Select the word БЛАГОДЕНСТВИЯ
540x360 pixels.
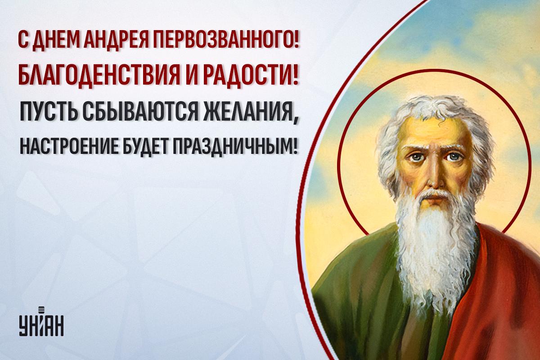pyautogui.click(x=99, y=75)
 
